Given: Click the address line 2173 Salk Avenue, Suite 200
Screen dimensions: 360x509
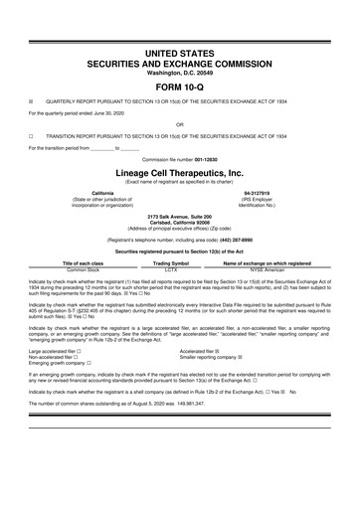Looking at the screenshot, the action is (179, 216).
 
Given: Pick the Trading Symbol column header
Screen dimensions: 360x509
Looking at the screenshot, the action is (170, 263).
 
